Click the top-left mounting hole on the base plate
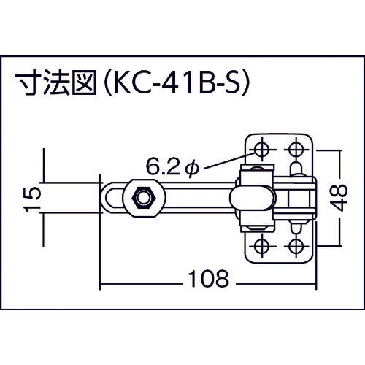pos(261,150)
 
